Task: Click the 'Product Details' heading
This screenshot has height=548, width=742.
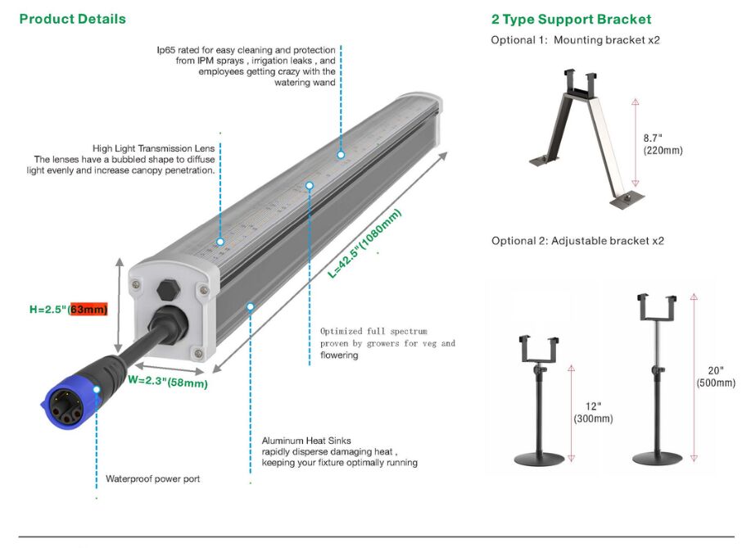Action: pyautogui.click(x=73, y=19)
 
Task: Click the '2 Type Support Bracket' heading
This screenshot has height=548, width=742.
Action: pyautogui.click(x=571, y=19)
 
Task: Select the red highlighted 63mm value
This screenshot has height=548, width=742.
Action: pyautogui.click(x=88, y=309)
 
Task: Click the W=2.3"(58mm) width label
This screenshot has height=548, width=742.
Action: pyautogui.click(x=167, y=381)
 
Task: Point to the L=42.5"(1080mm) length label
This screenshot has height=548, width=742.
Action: pyautogui.click(x=365, y=244)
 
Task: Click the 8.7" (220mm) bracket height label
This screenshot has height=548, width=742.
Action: pyautogui.click(x=663, y=144)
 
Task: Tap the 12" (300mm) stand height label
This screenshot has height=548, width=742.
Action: pyautogui.click(x=593, y=413)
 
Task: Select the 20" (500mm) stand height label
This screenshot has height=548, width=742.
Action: pyautogui.click(x=716, y=378)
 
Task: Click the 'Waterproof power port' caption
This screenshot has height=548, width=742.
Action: pyautogui.click(x=152, y=478)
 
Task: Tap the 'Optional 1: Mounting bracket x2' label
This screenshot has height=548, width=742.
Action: pyautogui.click(x=575, y=40)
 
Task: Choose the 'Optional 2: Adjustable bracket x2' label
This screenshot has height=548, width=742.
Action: pyautogui.click(x=577, y=241)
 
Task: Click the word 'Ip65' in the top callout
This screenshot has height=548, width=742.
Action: pyautogui.click(x=166, y=50)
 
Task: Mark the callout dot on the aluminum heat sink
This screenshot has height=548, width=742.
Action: pyautogui.click(x=251, y=306)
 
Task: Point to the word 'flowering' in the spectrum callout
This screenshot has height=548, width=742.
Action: pyautogui.click(x=339, y=356)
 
